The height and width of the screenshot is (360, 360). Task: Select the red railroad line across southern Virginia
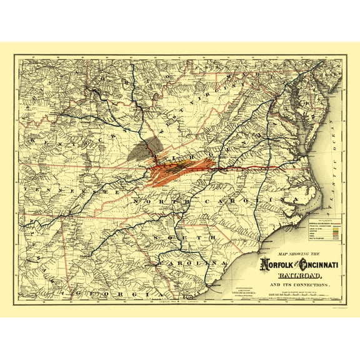tap(250, 168)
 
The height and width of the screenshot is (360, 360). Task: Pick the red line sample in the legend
tap(330, 224)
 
